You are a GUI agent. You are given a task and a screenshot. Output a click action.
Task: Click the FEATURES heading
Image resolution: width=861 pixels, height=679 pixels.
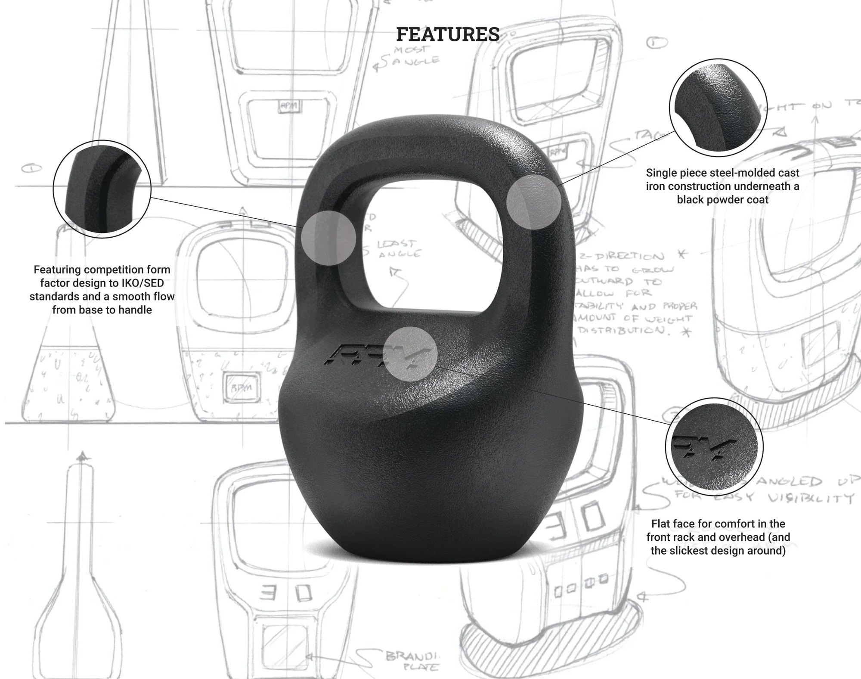tap(448, 34)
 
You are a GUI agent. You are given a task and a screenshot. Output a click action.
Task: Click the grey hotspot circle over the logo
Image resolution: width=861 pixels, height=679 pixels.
tap(410, 354)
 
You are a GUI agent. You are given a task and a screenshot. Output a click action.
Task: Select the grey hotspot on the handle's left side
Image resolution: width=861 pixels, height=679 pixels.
tap(328, 238)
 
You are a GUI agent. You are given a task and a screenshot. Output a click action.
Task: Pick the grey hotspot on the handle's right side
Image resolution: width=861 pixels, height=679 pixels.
tap(533, 202)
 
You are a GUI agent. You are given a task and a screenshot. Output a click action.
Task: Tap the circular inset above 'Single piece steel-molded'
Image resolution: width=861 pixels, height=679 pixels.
tap(718, 108)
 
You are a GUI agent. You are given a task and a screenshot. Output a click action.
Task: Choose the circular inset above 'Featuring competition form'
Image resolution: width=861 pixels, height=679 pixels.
tap(102, 189)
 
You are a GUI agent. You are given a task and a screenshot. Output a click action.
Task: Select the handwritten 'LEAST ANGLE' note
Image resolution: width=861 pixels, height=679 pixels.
tap(398, 249)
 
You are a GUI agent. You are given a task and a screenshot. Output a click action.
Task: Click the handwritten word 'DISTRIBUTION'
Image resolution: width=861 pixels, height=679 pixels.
tap(622, 330)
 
